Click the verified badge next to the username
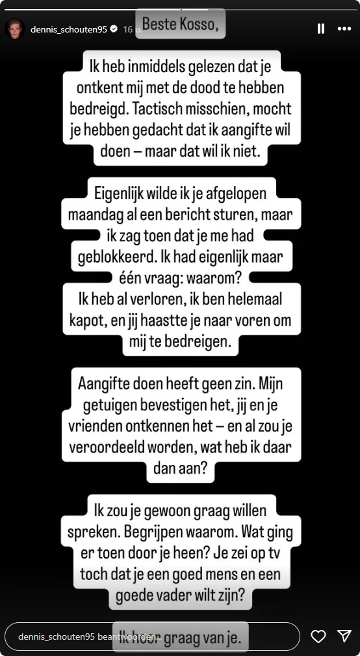tap(114, 29)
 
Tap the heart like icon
tap(318, 636)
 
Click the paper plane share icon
tap(344, 636)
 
